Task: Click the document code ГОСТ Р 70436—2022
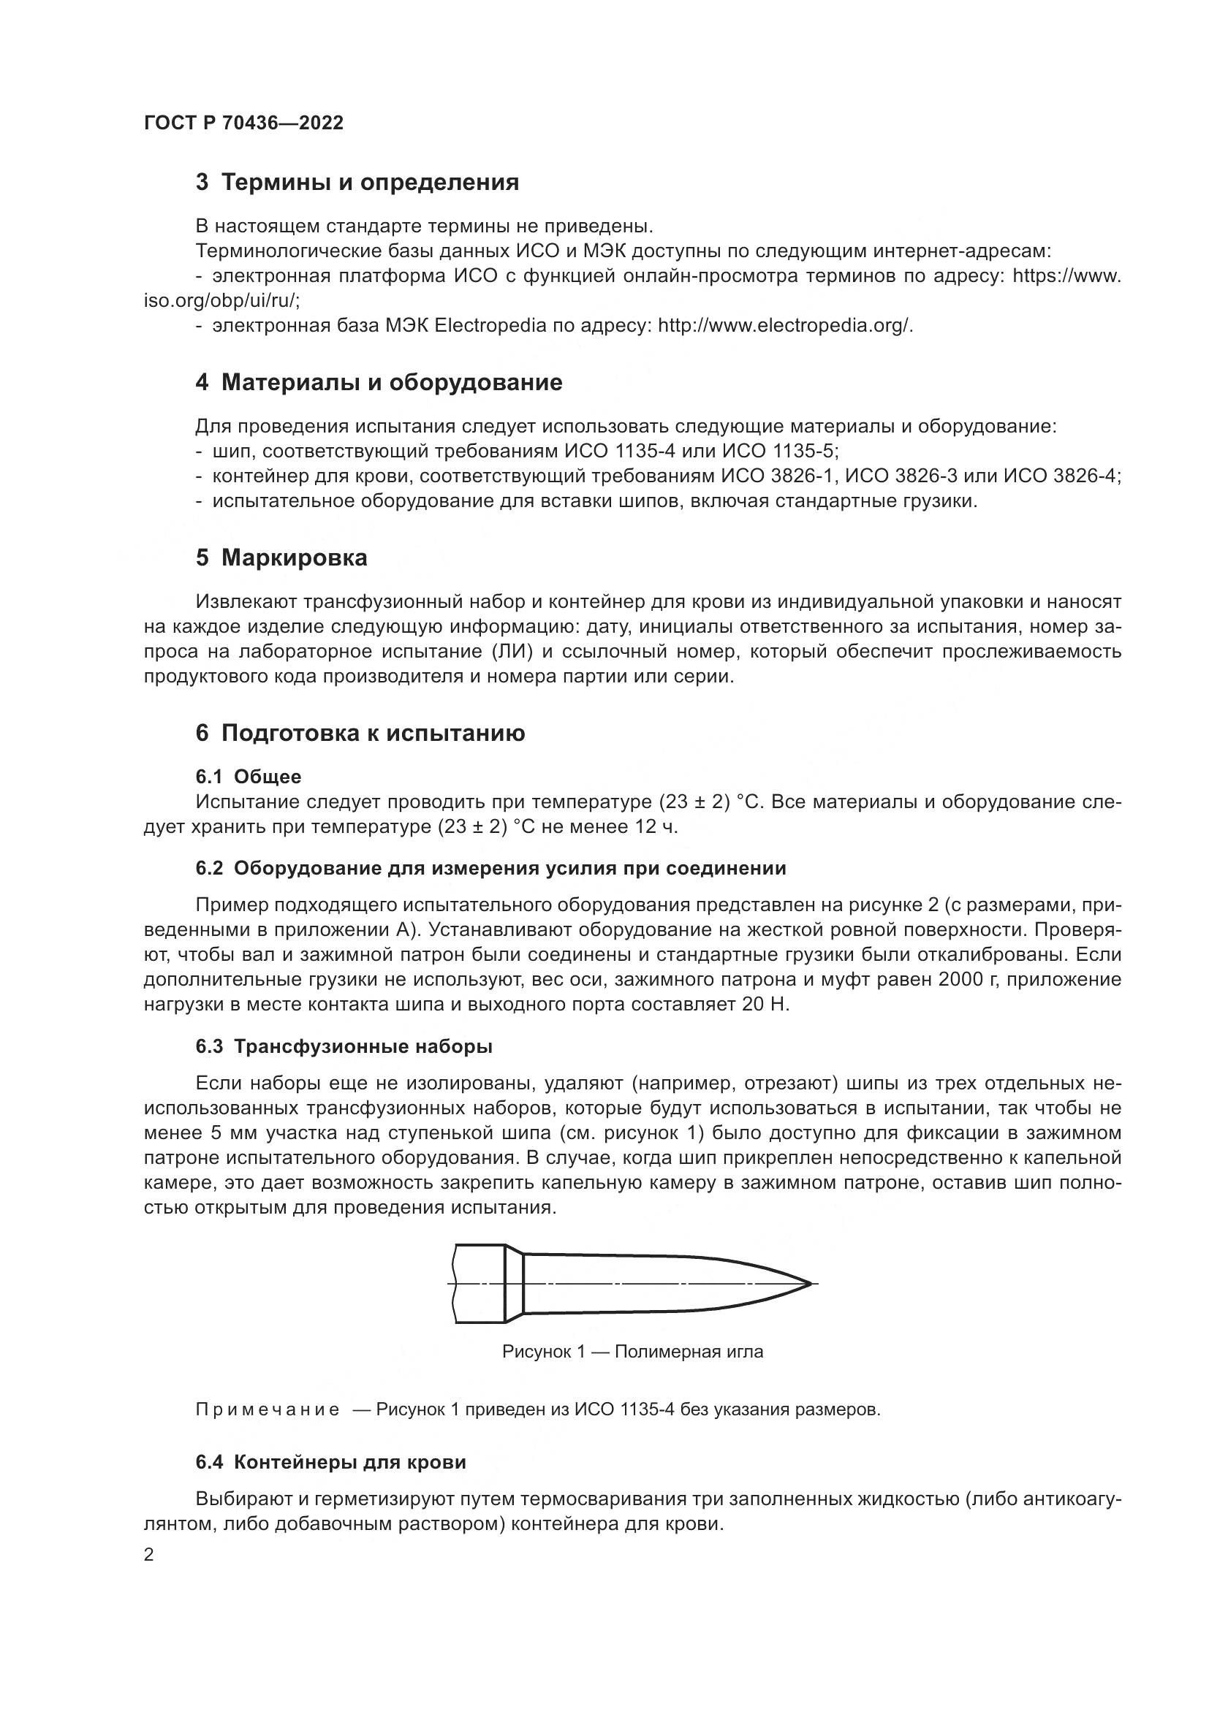click(x=243, y=123)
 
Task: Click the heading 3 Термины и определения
click(x=357, y=183)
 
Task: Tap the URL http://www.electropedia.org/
click(x=784, y=325)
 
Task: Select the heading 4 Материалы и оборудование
click(x=379, y=383)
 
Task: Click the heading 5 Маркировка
click(x=281, y=558)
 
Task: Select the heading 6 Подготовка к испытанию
click(x=360, y=733)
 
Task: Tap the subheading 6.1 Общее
click(x=249, y=777)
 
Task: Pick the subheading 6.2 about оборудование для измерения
click(x=490, y=869)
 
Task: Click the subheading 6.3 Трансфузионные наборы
click(x=344, y=1046)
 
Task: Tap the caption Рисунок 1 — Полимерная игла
click(x=633, y=1352)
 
